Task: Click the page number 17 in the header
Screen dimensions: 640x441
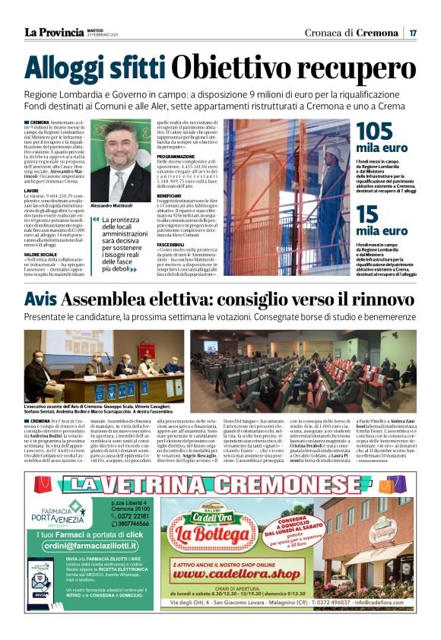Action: (412, 33)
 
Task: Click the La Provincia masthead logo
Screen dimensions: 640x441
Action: (54, 32)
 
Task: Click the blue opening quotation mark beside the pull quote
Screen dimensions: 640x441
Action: (95, 220)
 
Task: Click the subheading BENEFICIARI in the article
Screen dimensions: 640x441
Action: (172, 195)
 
